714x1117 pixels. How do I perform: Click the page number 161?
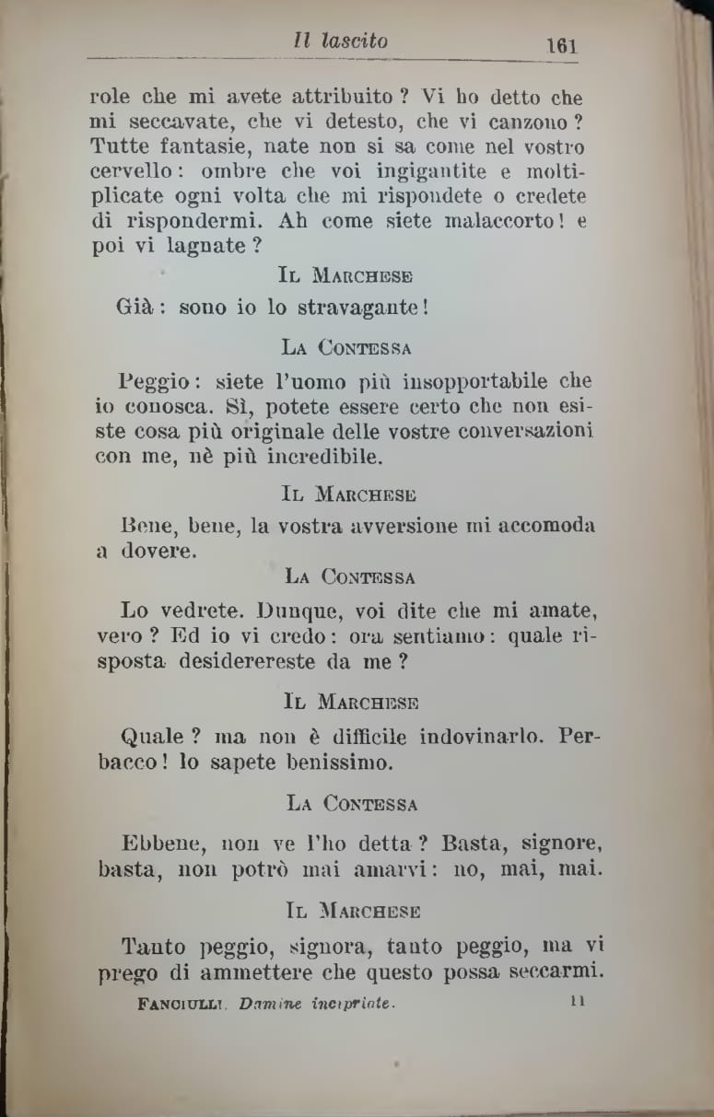560,44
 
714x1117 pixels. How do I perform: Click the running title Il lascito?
340,41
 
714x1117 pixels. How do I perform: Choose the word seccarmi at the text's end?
552,971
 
